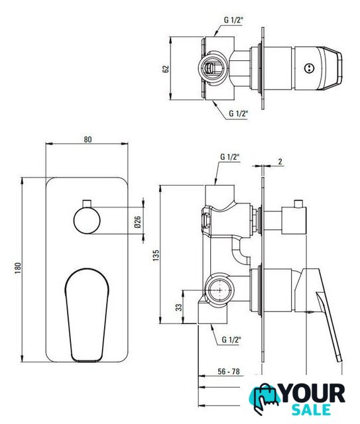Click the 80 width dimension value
coord(88,139)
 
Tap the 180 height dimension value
coord(18,268)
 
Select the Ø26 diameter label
coord(137,222)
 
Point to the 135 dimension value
coord(156,255)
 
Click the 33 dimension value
coord(179,307)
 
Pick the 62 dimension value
coord(166,69)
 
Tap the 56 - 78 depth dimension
coord(229,371)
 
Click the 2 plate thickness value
coord(280,162)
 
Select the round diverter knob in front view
coord(87,221)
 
